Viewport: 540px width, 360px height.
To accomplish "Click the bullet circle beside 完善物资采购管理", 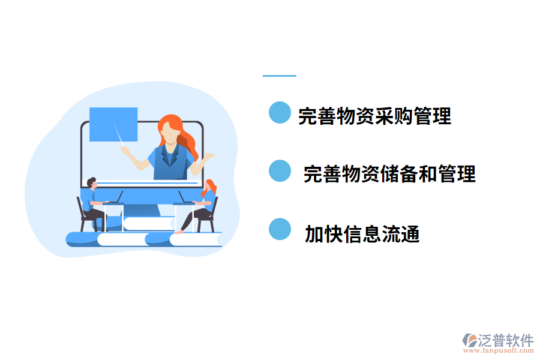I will [x=280, y=112].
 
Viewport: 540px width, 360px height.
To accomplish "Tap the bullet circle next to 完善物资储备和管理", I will [x=280, y=170].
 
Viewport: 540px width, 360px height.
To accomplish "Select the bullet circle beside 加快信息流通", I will [x=280, y=229].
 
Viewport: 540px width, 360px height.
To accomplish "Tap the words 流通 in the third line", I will [x=400, y=233].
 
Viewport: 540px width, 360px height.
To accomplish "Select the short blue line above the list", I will [x=280, y=76].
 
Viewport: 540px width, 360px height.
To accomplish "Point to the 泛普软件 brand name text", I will [x=505, y=340].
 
